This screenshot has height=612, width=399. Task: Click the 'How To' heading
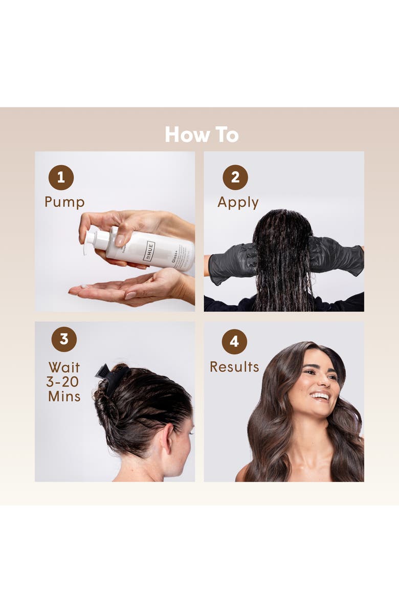tap(202, 135)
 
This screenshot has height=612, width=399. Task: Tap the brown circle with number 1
tap(61, 178)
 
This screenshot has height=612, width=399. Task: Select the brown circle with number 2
tap(235, 178)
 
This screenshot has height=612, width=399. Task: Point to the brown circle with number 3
tap(64, 339)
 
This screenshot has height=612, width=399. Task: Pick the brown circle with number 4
tap(234, 341)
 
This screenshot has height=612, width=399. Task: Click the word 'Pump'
tap(64, 202)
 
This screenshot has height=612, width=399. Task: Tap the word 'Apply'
tap(238, 203)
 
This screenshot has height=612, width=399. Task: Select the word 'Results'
tap(234, 367)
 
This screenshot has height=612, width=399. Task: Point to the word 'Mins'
tap(64, 396)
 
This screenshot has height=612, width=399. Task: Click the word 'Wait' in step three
tap(64, 367)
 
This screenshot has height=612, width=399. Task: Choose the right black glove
tap(335, 257)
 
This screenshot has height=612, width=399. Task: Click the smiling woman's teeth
tap(320, 396)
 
